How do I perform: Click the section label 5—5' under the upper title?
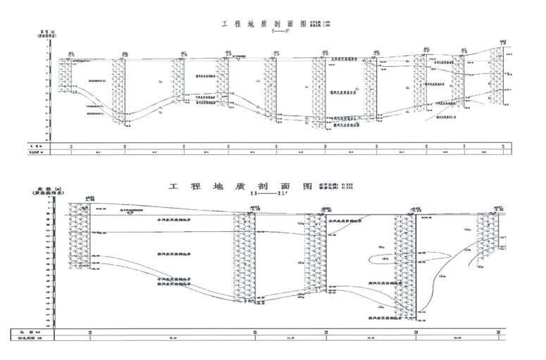tap(266, 32)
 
